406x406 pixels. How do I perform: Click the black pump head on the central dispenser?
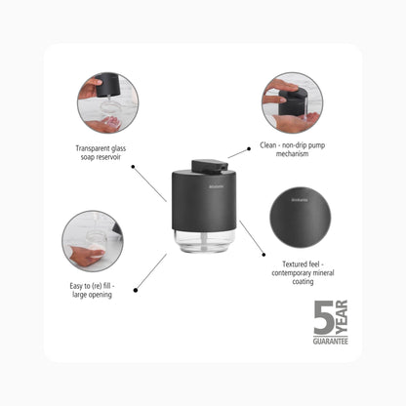[209, 166]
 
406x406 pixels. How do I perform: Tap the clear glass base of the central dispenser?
[204, 240]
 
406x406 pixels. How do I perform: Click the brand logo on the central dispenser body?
[217, 186]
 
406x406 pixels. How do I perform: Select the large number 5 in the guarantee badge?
[324, 317]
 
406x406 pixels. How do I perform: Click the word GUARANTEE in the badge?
[331, 342]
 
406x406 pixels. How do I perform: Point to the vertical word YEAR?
[342, 317]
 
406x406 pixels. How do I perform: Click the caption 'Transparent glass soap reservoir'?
[101, 152]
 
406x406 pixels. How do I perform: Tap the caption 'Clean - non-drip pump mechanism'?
[292, 149]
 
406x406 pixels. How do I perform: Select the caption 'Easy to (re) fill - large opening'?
[92, 290]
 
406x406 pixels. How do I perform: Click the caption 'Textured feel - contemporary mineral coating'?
[303, 272]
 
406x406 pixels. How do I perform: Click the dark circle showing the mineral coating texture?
[301, 218]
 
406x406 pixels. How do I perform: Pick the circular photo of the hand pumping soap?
[292, 102]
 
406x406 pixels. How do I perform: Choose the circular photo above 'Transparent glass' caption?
[107, 102]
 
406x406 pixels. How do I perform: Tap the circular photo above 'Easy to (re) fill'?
[93, 241]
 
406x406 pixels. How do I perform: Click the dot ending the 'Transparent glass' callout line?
[133, 167]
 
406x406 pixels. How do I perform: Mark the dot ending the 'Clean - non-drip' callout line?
[249, 148]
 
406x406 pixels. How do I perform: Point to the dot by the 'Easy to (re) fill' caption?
[136, 290]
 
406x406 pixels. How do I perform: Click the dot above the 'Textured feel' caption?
[264, 255]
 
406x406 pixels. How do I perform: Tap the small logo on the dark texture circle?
[300, 200]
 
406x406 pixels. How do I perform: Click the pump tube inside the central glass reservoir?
[204, 241]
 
